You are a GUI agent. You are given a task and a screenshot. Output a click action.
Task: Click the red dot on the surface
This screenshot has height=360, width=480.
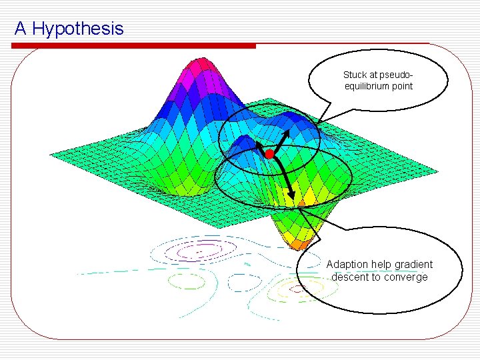(269, 154)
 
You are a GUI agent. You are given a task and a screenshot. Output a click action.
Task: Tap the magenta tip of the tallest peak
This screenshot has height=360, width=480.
(199, 65)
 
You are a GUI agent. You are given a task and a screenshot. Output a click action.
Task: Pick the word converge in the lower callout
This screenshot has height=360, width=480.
(405, 277)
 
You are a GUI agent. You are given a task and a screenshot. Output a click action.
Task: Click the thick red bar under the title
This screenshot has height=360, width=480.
(133, 46)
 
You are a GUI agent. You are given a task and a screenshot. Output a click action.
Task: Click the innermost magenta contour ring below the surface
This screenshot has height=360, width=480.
(194, 252)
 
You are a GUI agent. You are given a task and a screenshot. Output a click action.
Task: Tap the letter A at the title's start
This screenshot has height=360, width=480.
(20, 29)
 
